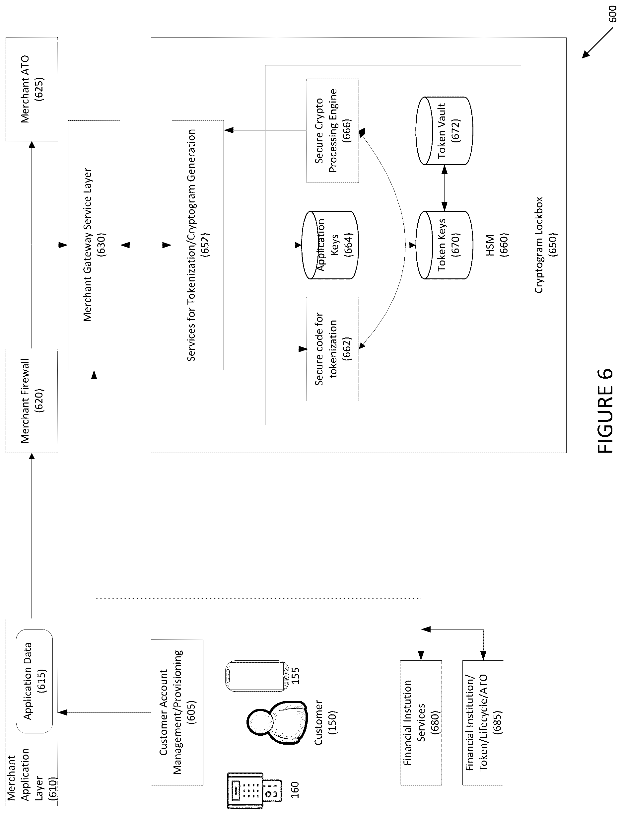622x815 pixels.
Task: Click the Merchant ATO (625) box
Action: (x=32, y=89)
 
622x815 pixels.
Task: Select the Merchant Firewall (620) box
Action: (x=32, y=401)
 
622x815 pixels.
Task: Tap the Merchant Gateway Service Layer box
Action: (x=94, y=245)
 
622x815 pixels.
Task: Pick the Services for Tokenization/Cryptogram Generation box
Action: (x=198, y=245)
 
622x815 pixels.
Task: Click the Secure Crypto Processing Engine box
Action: (x=332, y=131)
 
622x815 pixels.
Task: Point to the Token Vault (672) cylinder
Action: (x=444, y=131)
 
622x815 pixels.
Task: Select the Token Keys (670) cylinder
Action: (x=444, y=245)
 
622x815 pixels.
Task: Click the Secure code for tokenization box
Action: (x=332, y=349)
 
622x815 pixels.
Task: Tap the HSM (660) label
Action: (x=497, y=245)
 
